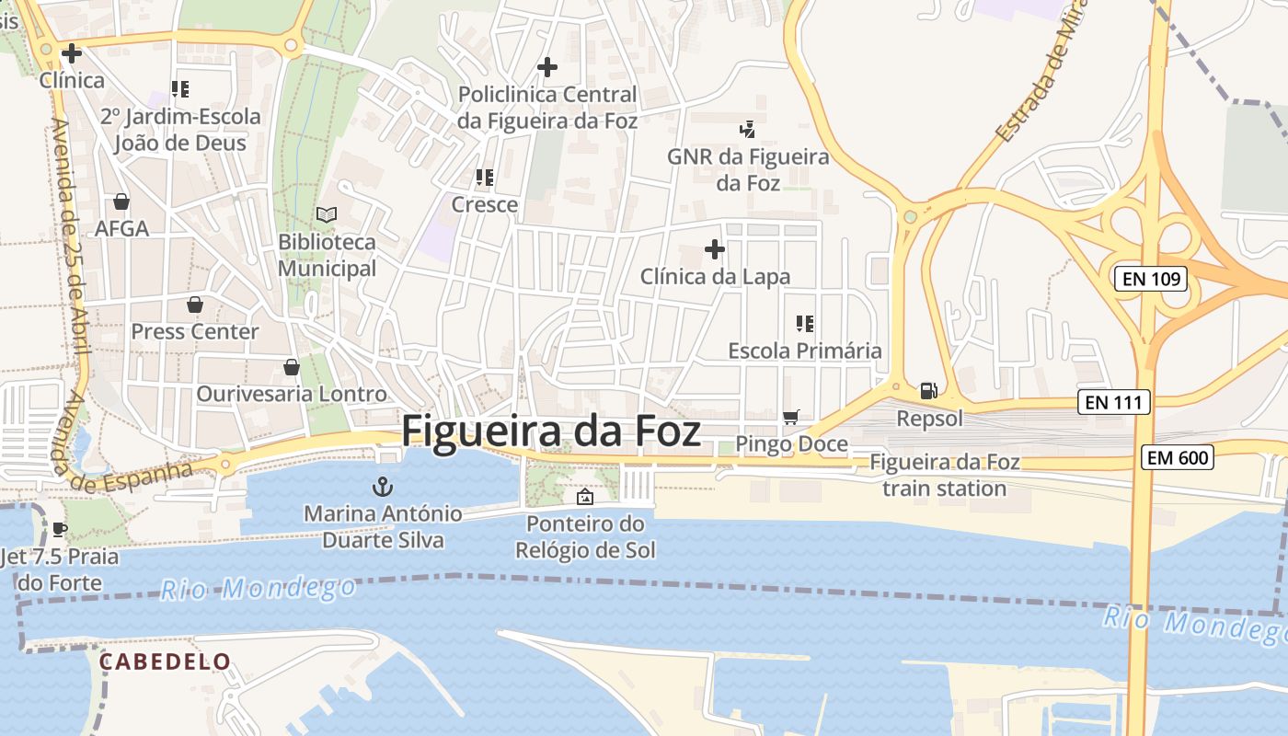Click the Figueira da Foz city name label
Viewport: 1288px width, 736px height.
pyautogui.click(x=551, y=431)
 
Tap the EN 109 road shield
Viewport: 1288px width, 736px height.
pyautogui.click(x=1151, y=279)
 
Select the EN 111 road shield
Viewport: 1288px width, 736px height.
pyautogui.click(x=1114, y=402)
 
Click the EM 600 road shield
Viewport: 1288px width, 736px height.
pyautogui.click(x=1178, y=457)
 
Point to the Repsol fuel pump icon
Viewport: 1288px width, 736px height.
pyautogui.click(x=929, y=391)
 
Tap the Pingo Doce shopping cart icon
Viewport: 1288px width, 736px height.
pyautogui.click(x=790, y=418)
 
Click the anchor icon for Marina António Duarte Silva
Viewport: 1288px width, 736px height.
pyautogui.click(x=382, y=486)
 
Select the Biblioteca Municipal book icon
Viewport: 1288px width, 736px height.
pyautogui.click(x=327, y=214)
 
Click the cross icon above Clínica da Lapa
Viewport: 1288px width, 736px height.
pyautogui.click(x=715, y=249)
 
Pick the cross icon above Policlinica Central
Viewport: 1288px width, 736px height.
pyautogui.click(x=547, y=67)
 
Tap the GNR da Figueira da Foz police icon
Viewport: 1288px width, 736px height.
pyautogui.click(x=748, y=130)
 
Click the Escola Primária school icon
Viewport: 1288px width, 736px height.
pyautogui.click(x=805, y=324)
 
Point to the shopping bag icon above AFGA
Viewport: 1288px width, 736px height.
pyautogui.click(x=121, y=201)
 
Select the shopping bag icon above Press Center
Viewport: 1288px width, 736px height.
pyautogui.click(x=194, y=305)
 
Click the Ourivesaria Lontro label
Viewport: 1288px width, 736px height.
pyautogui.click(x=292, y=394)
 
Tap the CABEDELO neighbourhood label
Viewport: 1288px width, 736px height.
pyautogui.click(x=165, y=661)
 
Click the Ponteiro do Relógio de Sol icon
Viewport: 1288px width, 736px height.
pyautogui.click(x=584, y=498)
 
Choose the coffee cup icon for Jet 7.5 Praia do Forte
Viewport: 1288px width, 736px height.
pyautogui.click(x=60, y=529)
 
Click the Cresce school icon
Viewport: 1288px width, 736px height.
pyautogui.click(x=485, y=178)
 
